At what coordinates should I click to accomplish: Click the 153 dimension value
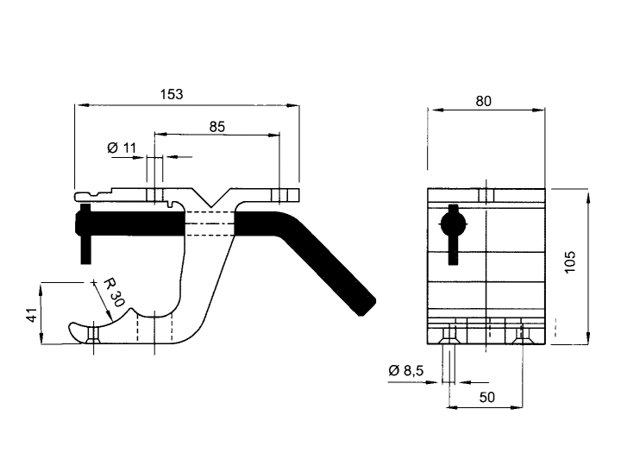[172, 94]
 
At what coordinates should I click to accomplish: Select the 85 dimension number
[216, 127]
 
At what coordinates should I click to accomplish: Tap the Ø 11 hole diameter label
[122, 148]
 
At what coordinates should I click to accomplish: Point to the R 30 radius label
[114, 293]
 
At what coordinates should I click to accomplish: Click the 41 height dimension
[34, 314]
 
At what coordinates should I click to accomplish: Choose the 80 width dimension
[483, 102]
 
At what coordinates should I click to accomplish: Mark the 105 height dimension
[569, 261]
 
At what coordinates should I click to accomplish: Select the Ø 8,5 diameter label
[406, 370]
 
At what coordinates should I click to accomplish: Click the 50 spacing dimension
[486, 397]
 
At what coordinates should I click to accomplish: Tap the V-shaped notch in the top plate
[211, 198]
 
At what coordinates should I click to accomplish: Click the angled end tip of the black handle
[367, 307]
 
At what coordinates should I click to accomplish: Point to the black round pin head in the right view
[453, 224]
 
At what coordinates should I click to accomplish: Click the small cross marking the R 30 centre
[93, 282]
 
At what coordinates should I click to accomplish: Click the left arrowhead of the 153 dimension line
[82, 105]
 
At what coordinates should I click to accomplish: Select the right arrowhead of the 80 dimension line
[538, 110]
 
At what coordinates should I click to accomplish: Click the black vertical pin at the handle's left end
[85, 234]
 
